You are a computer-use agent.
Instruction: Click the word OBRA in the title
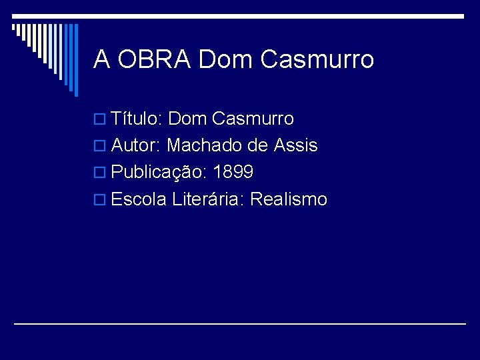[x=154, y=59]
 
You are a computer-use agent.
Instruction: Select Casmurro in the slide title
[x=317, y=59]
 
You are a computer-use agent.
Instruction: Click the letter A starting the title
[x=101, y=59]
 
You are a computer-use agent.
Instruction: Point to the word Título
[x=137, y=119]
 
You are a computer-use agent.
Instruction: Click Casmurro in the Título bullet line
[x=253, y=119]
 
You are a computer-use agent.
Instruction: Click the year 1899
[x=233, y=173]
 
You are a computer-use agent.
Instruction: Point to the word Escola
[x=139, y=199]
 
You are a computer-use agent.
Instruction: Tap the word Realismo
[x=289, y=199]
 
